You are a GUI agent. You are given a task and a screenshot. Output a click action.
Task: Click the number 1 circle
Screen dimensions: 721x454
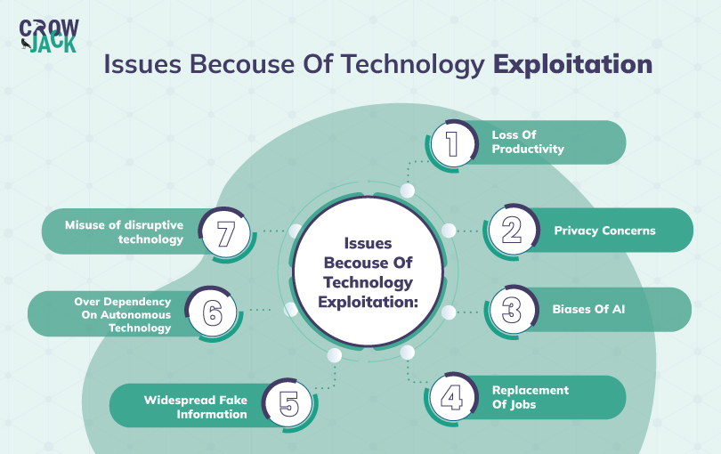coord(452,144)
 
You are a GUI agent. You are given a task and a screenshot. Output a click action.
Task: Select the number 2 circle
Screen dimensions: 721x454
coord(512,230)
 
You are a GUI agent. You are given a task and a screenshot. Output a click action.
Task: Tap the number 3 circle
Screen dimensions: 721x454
coord(512,310)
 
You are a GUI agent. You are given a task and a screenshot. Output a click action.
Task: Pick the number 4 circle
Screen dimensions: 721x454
coord(452,398)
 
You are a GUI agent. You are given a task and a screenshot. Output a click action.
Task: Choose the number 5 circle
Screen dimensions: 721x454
coord(288,403)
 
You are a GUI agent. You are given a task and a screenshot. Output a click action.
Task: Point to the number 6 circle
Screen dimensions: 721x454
coord(213,312)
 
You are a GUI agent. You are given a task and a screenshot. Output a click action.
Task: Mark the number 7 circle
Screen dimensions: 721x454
coord(226,233)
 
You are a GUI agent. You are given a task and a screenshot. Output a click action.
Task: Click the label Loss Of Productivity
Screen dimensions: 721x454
coord(528,142)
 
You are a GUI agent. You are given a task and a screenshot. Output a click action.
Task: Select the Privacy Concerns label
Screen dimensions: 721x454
coord(604,231)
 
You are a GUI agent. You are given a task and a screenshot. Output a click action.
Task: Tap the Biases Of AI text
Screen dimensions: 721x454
coord(588,309)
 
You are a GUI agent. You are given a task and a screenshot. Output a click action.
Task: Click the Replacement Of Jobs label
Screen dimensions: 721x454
coord(531,397)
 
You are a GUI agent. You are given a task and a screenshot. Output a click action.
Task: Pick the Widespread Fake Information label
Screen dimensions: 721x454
coord(196,407)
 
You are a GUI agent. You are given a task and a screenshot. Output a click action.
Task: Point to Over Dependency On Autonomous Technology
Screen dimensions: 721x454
coord(123,314)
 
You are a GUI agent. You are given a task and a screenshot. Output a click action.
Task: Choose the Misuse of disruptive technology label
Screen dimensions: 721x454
coord(124,231)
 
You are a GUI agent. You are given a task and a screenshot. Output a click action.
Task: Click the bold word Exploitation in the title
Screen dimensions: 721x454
coord(573,64)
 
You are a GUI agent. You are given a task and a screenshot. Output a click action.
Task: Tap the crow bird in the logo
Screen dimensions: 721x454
coord(26,44)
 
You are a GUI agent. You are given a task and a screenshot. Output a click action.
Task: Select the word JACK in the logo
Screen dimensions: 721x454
coord(53,45)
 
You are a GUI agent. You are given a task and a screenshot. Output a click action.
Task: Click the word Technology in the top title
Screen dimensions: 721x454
coord(413,64)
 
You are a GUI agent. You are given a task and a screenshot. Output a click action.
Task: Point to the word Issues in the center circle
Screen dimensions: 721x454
coord(368,243)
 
